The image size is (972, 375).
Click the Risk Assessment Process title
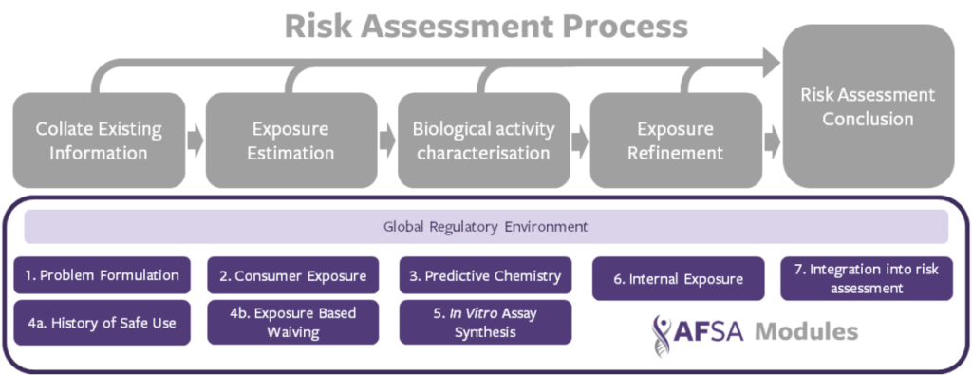(x=486, y=27)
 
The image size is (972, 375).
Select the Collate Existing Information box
(x=99, y=141)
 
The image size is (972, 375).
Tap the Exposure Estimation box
(x=291, y=141)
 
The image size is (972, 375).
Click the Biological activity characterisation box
(x=483, y=141)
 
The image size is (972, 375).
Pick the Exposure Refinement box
(x=676, y=141)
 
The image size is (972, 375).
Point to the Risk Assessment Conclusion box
(x=868, y=106)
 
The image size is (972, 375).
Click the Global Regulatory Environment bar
(x=486, y=226)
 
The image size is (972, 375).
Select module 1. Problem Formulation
(x=101, y=274)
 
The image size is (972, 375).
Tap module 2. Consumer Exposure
(x=292, y=274)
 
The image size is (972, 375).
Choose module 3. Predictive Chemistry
(x=485, y=274)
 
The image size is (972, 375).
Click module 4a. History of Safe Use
(x=101, y=323)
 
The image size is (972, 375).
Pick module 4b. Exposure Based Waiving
(x=292, y=323)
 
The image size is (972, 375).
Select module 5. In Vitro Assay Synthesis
(x=485, y=323)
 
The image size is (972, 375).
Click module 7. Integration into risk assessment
(x=867, y=279)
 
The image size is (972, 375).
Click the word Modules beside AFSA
(x=807, y=332)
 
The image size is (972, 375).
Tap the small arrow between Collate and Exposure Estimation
(x=196, y=141)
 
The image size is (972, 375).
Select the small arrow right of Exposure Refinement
(x=773, y=141)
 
